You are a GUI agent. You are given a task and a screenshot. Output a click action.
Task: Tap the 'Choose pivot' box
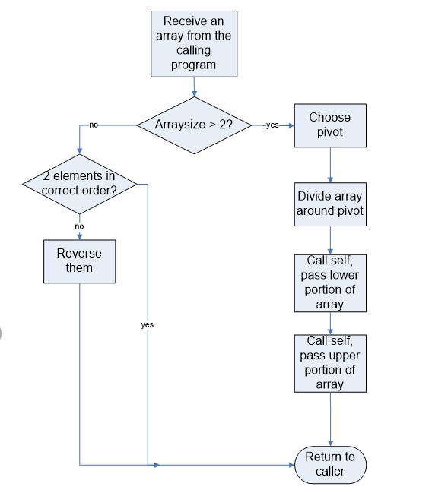point(330,125)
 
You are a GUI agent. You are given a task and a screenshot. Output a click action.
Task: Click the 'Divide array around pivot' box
point(330,203)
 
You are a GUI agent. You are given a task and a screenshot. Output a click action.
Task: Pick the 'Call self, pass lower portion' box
point(330,282)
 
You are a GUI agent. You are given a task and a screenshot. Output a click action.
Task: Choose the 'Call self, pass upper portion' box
point(330,362)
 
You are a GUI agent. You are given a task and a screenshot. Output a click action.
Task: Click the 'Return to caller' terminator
point(330,464)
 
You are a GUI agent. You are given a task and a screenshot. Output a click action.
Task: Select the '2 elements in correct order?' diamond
point(79,183)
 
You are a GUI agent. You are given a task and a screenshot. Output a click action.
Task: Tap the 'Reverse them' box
point(79,261)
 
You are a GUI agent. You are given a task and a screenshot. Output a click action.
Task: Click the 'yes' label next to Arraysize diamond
point(272,125)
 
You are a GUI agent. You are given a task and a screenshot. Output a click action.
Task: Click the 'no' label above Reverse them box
point(79,226)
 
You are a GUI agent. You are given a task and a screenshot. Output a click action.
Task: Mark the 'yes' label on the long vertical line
point(148,324)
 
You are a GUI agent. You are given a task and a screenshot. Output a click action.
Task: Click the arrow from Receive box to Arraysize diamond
point(194,86)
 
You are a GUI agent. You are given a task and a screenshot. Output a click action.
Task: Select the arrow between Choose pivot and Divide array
point(330,163)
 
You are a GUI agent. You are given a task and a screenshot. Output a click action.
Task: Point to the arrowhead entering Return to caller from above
point(330,442)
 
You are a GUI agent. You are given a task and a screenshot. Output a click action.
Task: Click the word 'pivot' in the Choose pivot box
point(330,132)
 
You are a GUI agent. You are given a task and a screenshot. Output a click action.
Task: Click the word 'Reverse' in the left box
point(79,254)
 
